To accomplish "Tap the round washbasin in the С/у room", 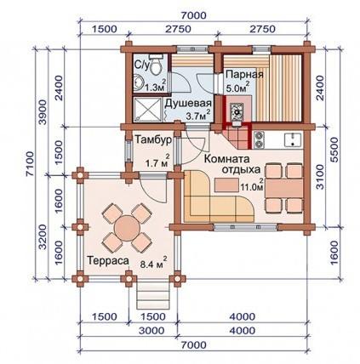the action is point(138,82).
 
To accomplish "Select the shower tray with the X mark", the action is point(148,110).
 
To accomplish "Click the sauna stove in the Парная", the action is point(237,111).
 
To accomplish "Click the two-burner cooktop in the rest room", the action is point(259,139).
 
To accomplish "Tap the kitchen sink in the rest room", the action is point(294,139).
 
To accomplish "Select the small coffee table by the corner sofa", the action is point(226,185).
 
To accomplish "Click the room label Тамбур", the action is point(153,139).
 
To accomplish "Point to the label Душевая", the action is point(188,103).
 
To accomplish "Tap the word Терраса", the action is point(108,260).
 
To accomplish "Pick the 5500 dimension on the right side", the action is point(335,150).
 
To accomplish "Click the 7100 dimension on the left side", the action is point(30,164).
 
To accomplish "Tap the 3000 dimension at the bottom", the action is point(151,331).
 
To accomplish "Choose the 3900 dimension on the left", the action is point(43,112).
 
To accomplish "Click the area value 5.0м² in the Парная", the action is point(237,87).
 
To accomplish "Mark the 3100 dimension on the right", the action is point(320,177).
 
